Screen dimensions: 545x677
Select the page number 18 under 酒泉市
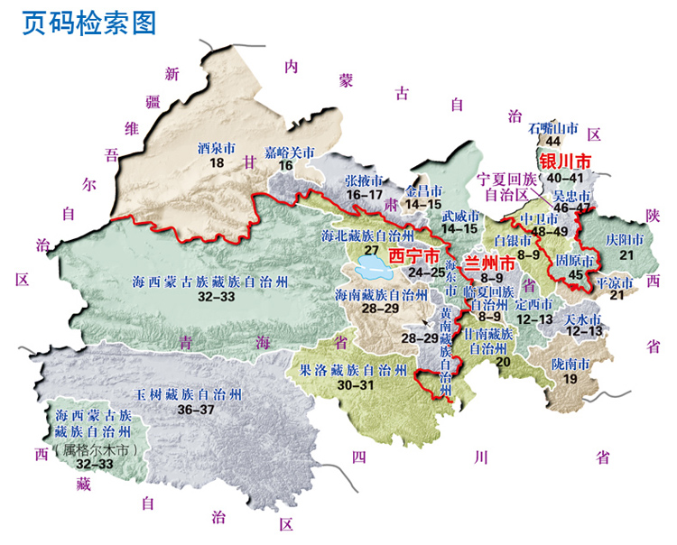[x=216, y=162]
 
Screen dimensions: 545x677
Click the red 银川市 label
[x=566, y=162]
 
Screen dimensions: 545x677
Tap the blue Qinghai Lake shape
[x=373, y=266]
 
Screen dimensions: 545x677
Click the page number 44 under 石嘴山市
[x=553, y=141]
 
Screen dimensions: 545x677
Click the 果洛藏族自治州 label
[x=353, y=370]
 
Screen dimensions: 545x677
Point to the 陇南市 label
[x=570, y=365]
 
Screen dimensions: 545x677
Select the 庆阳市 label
[x=624, y=241]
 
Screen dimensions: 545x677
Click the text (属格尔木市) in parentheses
[x=95, y=448]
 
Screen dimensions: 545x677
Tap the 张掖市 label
[x=365, y=180]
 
